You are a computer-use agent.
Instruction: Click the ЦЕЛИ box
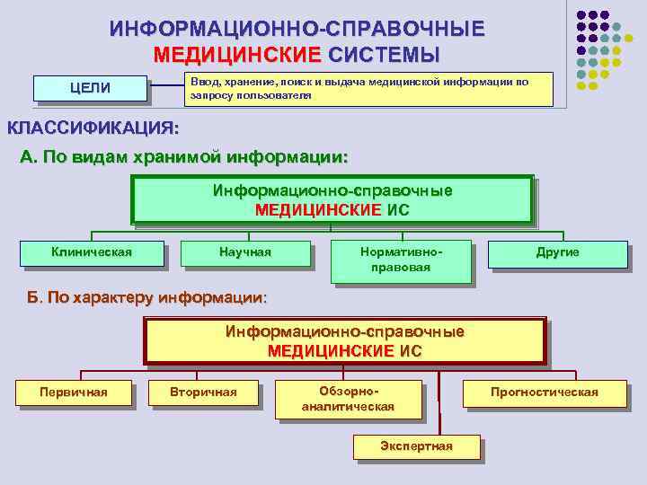click(x=90, y=88)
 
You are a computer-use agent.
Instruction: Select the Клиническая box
click(x=92, y=252)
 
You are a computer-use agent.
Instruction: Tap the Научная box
click(x=244, y=252)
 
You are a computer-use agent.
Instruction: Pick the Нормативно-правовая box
click(x=401, y=260)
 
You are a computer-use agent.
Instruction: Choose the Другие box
click(x=557, y=252)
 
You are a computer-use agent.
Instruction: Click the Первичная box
click(x=74, y=392)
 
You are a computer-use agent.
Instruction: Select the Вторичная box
click(x=203, y=392)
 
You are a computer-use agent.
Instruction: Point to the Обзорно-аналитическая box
click(x=348, y=399)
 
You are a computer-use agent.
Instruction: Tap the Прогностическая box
click(x=544, y=392)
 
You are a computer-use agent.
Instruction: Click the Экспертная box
click(x=416, y=446)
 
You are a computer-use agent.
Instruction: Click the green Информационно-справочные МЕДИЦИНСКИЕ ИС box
click(x=332, y=199)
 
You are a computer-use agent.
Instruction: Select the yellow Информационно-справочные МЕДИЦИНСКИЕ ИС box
click(x=345, y=340)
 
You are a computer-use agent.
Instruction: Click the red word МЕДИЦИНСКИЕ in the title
click(x=236, y=54)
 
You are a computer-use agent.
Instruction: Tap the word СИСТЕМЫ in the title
click(x=384, y=54)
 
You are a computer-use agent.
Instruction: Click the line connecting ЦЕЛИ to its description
click(x=166, y=86)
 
